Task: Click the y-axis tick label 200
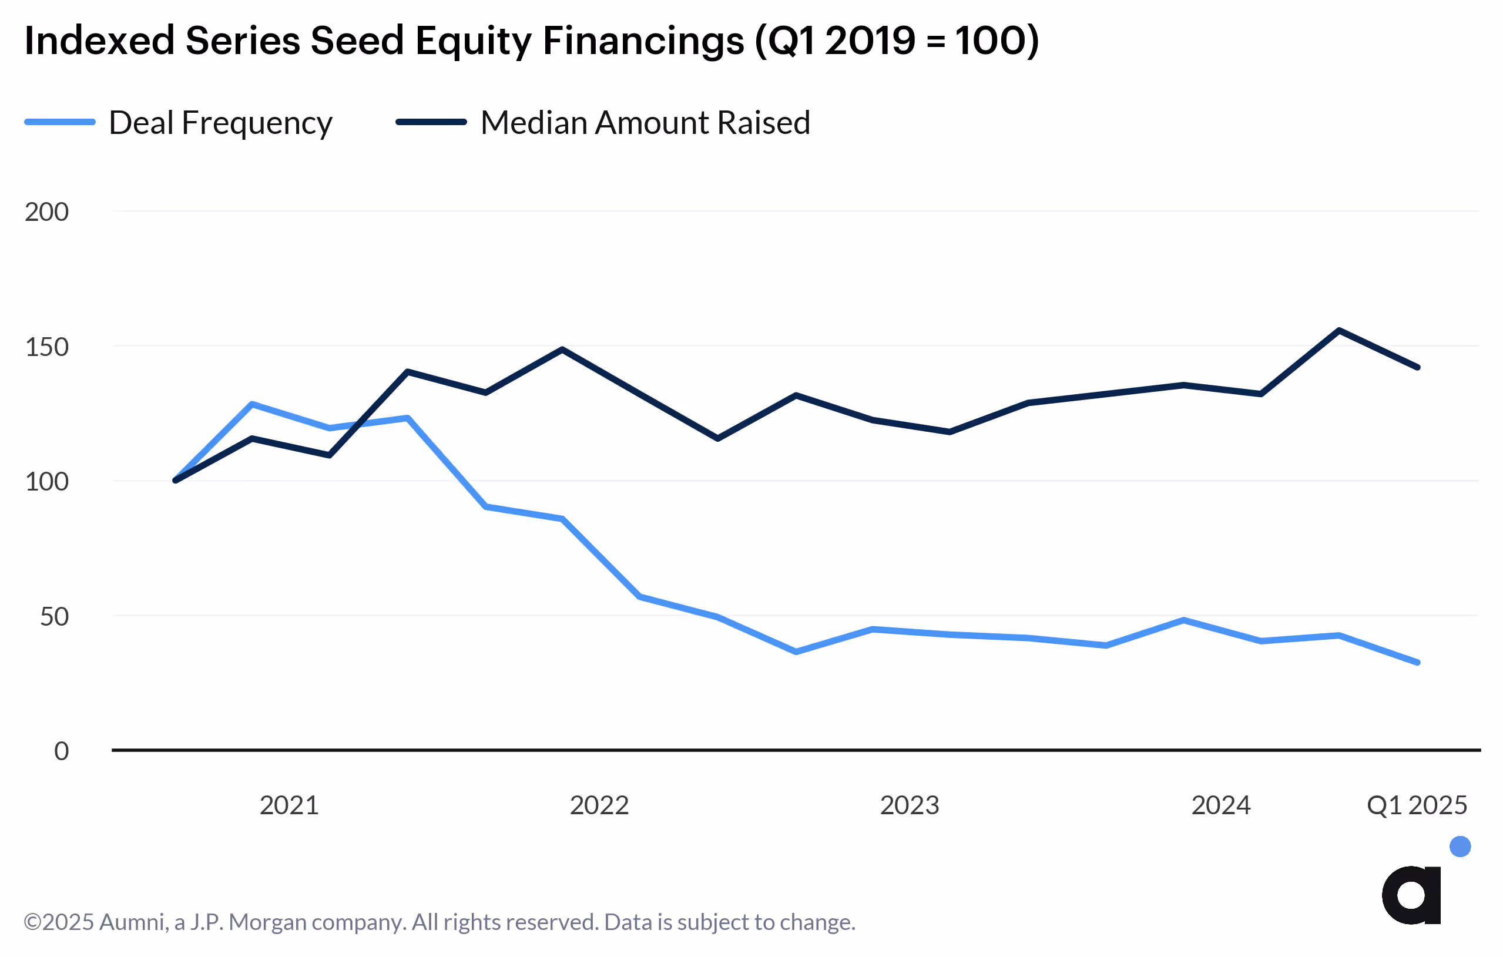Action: point(46,212)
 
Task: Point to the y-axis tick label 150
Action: point(46,347)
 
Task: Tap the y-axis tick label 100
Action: point(46,482)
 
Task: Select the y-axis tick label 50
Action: point(53,617)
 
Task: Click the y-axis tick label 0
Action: point(61,751)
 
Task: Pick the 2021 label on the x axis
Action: point(289,805)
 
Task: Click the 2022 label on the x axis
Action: point(599,805)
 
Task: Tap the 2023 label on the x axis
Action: point(910,805)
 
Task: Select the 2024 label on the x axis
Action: point(1221,805)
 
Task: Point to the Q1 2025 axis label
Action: point(1417,805)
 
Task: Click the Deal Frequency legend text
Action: point(220,123)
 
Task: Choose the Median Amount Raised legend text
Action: point(645,123)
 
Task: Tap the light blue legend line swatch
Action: point(60,122)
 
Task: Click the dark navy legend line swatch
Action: point(431,122)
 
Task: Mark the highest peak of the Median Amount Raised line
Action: point(1340,330)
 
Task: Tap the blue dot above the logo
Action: point(1460,847)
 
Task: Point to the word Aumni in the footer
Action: point(133,922)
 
